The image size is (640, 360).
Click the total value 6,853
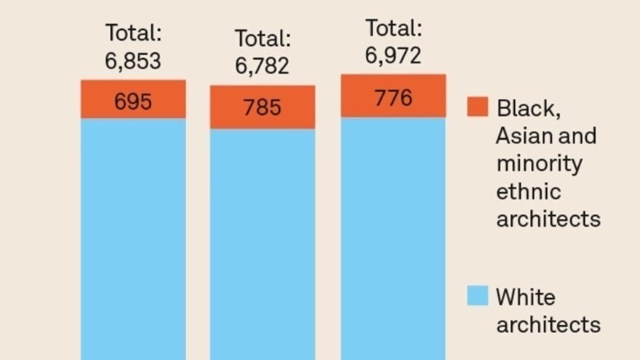tap(132, 61)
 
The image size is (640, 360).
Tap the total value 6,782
tap(262, 66)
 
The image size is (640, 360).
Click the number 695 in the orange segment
tap(133, 102)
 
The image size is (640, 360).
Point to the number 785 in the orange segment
tap(262, 108)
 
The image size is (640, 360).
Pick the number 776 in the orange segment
tap(393, 97)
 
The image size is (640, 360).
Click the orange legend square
tap(477, 107)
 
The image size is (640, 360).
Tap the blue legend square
tap(477, 295)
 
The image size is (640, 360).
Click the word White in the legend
tap(525, 297)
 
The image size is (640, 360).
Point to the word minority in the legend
tap(539, 164)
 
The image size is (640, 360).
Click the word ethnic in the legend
tap(528, 192)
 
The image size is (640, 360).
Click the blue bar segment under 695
tap(133, 240)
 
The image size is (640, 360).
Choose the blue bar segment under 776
tap(393, 240)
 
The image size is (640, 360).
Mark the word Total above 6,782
tap(262, 39)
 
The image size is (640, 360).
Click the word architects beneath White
tap(548, 324)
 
